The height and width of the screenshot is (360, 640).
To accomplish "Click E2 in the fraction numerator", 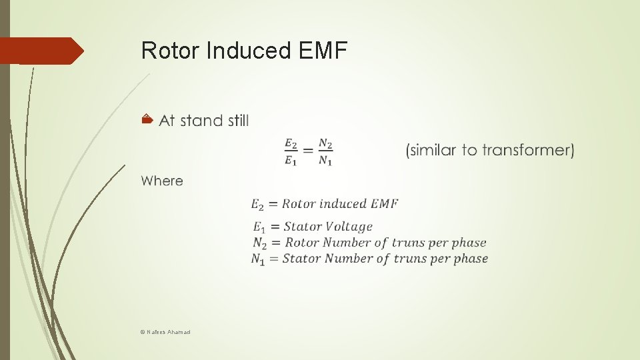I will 291,143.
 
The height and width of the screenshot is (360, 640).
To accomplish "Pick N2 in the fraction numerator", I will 325,143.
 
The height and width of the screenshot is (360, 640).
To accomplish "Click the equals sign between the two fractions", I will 308,151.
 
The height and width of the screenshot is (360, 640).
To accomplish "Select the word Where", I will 162,181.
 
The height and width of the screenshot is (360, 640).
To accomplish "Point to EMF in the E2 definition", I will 385,203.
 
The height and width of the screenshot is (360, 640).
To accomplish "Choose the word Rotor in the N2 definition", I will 302,243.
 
